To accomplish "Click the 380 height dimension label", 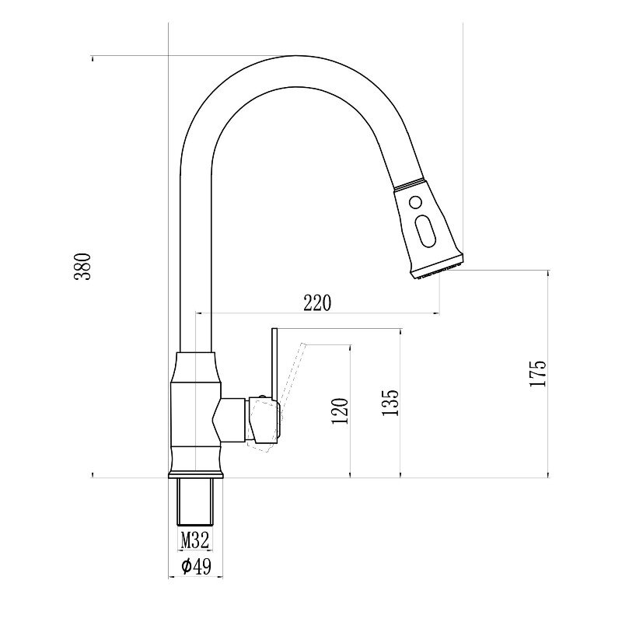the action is coord(82,266).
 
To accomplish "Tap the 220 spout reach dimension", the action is coord(317,302).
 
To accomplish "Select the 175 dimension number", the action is coord(538,373).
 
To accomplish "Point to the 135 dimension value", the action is coord(390,402).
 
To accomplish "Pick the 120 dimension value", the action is coord(340,411).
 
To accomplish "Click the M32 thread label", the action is coord(195,540).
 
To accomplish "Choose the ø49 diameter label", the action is coord(197,566).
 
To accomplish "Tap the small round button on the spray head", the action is coord(415,203).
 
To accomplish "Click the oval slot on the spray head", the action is coord(425,231).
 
